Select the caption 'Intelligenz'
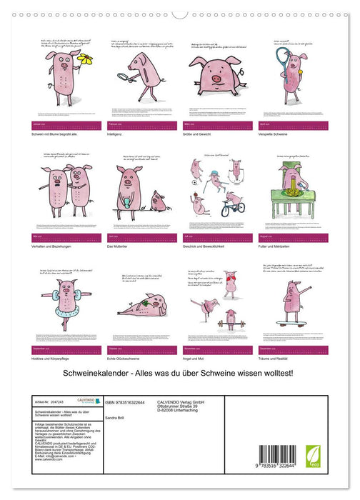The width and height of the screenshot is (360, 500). [118, 134]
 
